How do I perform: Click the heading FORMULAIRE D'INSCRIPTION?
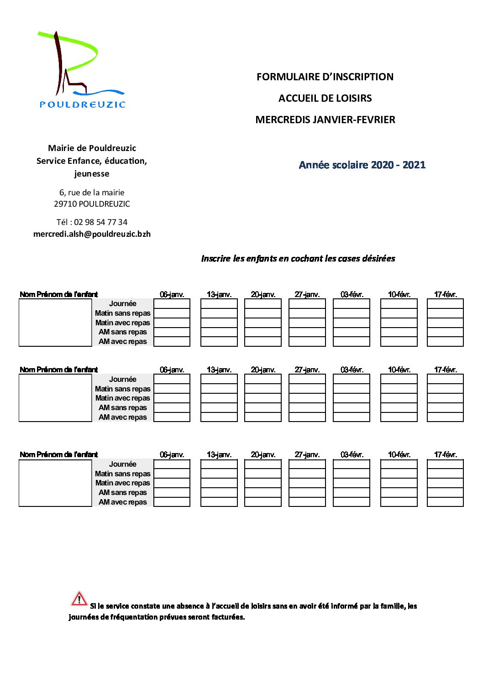click(325, 77)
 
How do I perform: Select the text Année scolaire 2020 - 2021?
click(362, 165)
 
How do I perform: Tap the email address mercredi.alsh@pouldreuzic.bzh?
click(92, 234)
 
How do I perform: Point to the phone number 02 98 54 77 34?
click(100, 222)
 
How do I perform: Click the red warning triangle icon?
click(79, 599)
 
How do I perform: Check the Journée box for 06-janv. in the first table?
click(172, 304)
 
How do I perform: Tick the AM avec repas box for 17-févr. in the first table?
click(445, 342)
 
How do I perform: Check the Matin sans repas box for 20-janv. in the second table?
click(263, 389)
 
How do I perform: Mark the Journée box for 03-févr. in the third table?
click(352, 464)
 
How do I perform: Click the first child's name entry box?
click(55, 323)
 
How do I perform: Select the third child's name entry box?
click(55, 483)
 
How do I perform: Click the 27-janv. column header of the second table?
click(307, 370)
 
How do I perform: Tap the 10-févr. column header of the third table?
click(399, 454)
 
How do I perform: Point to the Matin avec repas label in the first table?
click(122, 323)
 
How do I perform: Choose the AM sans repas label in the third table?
click(122, 492)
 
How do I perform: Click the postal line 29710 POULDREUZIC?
click(92, 204)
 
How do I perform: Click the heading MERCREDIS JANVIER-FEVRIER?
click(325, 120)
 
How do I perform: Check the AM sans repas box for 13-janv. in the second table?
click(219, 408)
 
